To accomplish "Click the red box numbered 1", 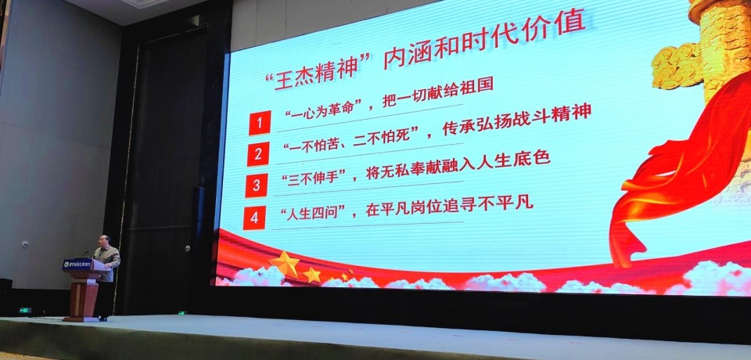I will (x=260, y=123).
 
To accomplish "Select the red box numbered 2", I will (x=257, y=154).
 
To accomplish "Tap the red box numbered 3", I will (x=256, y=185).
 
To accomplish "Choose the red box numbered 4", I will (x=254, y=217).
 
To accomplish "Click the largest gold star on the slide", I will (x=284, y=263).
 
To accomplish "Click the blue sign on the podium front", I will (x=77, y=265).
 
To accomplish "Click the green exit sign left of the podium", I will (x=25, y=310).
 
